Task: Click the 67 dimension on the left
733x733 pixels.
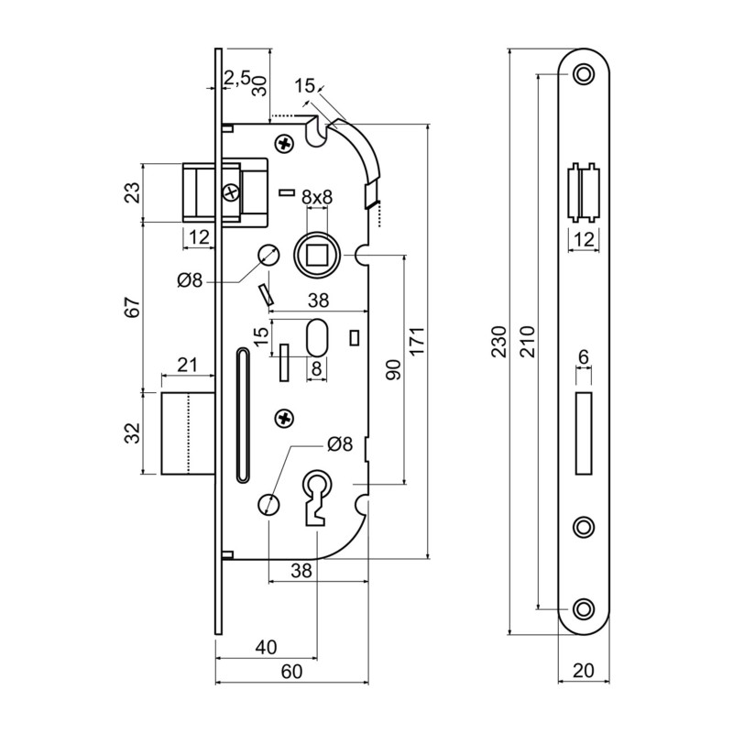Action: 133,307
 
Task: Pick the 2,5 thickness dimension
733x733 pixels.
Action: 237,79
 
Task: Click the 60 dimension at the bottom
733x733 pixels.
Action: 290,672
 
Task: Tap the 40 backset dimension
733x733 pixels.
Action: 265,647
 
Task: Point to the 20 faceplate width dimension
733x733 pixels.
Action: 583,671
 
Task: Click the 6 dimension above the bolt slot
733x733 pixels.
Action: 583,356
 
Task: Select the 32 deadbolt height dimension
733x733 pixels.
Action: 133,432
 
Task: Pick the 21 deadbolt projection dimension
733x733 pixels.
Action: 187,365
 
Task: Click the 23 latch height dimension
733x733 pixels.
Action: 133,192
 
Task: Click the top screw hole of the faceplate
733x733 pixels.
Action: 583,73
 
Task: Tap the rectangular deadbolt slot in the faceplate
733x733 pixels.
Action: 583,433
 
